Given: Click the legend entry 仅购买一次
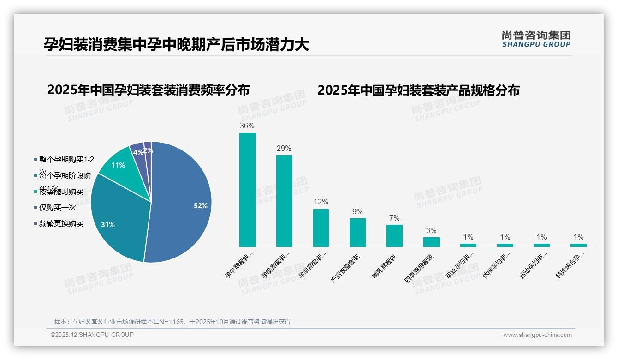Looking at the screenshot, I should [57, 208].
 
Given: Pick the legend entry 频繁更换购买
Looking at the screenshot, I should [61, 224].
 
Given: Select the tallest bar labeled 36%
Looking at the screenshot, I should [247, 190].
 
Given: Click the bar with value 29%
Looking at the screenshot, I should [284, 201].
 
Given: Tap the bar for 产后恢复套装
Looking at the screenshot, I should [357, 233].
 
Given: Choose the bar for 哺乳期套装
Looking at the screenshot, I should [394, 236].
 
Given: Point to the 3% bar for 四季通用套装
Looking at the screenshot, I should [431, 242].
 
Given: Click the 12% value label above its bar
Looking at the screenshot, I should [321, 202].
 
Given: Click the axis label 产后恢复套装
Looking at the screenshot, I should [346, 268].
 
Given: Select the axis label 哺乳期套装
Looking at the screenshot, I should [384, 266].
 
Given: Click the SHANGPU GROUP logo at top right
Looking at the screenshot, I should [536, 39].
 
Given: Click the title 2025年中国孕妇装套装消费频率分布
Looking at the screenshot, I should [148, 90].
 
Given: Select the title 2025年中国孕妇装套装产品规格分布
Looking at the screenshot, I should [418, 90].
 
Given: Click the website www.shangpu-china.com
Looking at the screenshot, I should [537, 335].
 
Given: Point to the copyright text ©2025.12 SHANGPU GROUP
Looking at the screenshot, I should [92, 335].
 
